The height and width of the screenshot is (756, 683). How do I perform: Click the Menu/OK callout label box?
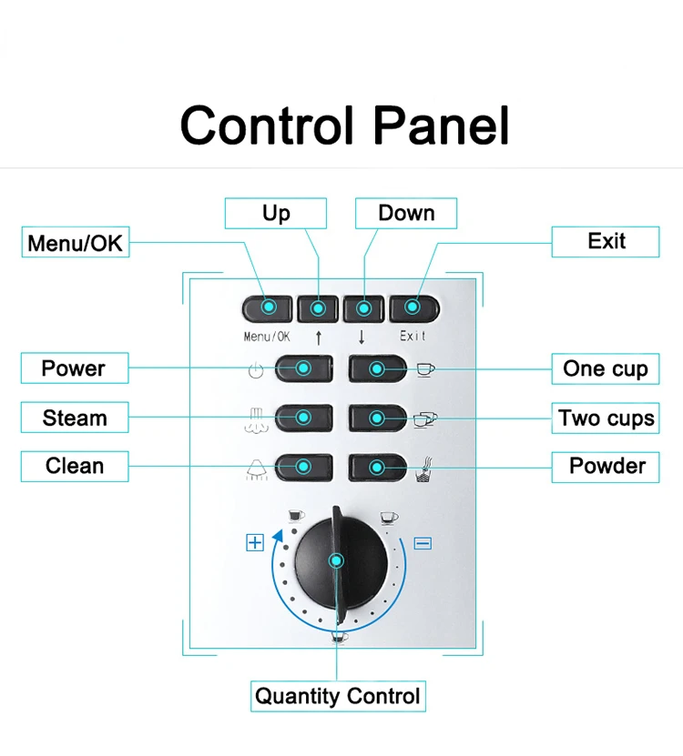pyautogui.click(x=76, y=243)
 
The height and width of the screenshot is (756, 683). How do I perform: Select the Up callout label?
pyautogui.click(x=276, y=214)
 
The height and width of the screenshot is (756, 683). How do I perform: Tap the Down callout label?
pyautogui.click(x=406, y=214)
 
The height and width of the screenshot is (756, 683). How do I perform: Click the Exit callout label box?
pyautogui.click(x=606, y=242)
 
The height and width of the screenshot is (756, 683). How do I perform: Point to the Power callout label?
pyautogui.click(x=75, y=368)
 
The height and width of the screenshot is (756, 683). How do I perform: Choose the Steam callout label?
pyautogui.click(x=75, y=418)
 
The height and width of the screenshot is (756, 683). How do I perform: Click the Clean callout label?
pyautogui.click(x=75, y=467)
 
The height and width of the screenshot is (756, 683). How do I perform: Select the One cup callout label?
pyautogui.click(x=606, y=368)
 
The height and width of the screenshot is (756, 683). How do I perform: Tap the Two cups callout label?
pyautogui.click(x=606, y=418)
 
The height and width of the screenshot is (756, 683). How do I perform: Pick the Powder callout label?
pyautogui.click(x=606, y=467)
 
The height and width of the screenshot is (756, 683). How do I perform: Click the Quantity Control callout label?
pyautogui.click(x=338, y=697)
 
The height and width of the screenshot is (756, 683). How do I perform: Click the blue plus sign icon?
pyautogui.click(x=254, y=543)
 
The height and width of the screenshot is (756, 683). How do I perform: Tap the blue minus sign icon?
pyautogui.click(x=423, y=544)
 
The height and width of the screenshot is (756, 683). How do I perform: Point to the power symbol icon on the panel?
pyautogui.click(x=255, y=370)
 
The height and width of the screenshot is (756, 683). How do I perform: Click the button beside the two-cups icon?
pyautogui.click(x=377, y=418)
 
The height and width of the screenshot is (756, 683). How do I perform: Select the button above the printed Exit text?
pyautogui.click(x=414, y=308)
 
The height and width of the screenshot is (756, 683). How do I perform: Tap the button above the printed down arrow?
pyautogui.click(x=363, y=308)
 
